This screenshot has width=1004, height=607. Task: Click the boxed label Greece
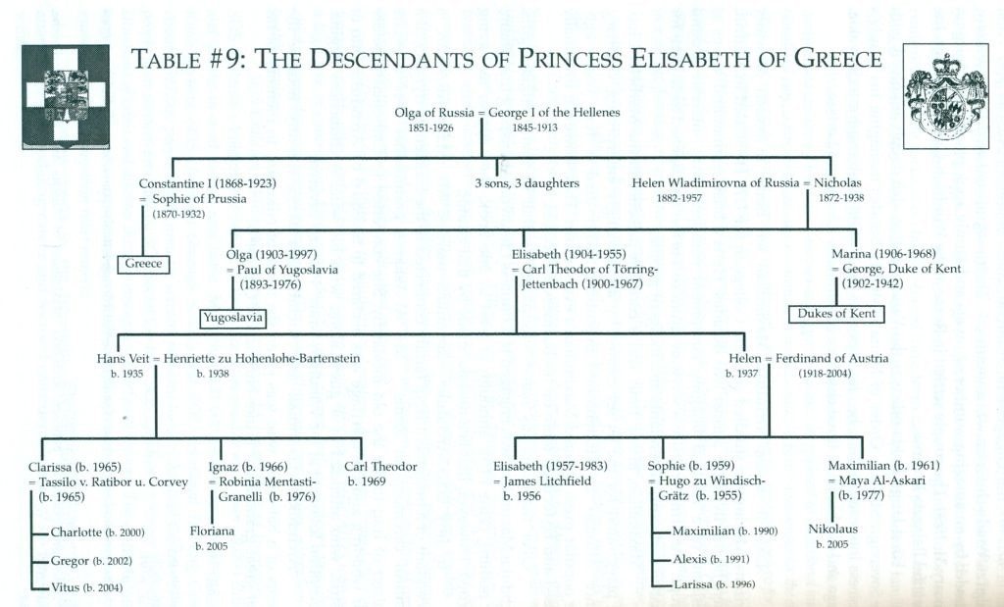click(x=143, y=264)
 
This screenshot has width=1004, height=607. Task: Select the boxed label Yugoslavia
click(x=233, y=318)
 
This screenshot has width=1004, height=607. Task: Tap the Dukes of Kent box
click(x=836, y=314)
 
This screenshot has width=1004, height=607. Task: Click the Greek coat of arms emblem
click(x=66, y=97)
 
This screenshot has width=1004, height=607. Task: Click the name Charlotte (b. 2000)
click(x=97, y=532)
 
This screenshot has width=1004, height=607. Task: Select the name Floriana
click(x=212, y=531)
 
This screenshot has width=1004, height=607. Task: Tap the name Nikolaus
click(x=832, y=529)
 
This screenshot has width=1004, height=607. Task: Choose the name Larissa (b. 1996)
click(x=714, y=583)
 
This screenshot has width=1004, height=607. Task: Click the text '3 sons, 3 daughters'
click(x=527, y=183)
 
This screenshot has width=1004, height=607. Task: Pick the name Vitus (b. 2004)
click(x=86, y=587)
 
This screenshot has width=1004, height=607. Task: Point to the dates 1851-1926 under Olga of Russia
click(x=431, y=127)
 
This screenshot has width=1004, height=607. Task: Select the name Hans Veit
click(x=123, y=359)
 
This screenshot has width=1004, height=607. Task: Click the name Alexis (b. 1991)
click(x=711, y=559)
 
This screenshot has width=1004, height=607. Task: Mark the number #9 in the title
click(x=226, y=59)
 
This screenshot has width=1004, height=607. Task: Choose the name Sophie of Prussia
click(x=199, y=198)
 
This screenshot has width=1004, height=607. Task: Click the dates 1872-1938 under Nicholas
click(x=840, y=198)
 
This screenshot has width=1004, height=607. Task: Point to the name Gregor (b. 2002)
click(x=91, y=561)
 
